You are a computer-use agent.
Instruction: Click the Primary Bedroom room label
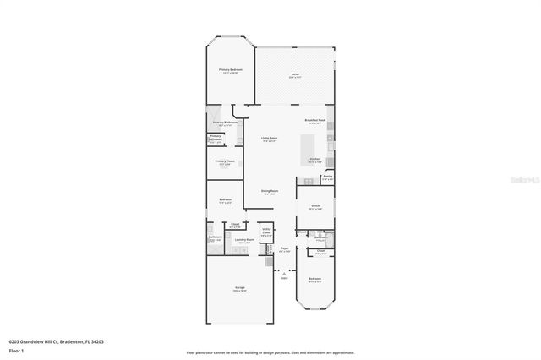tap(230, 70)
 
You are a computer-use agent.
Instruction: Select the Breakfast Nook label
tap(314, 120)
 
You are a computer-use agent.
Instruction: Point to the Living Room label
tap(270, 138)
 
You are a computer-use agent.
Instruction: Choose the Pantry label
tap(327, 177)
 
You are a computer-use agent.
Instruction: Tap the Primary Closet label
tap(224, 161)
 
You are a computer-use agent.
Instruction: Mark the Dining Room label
tap(270, 192)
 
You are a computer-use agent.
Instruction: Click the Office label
tap(314, 205)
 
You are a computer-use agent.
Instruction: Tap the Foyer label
tap(284, 249)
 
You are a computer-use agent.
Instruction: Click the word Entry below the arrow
tap(284, 277)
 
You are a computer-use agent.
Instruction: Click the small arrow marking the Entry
tap(284, 271)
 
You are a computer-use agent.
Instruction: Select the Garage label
tap(240, 289)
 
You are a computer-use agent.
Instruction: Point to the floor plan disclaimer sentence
tap(270, 352)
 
